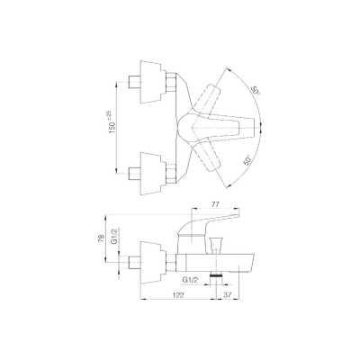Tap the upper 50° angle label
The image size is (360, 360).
(256, 90)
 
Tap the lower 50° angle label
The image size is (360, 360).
(247, 160)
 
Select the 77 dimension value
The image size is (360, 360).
(216, 204)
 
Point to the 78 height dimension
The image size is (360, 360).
(102, 238)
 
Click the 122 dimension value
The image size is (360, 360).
(178, 295)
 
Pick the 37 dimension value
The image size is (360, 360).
(228, 295)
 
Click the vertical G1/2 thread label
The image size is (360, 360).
(114, 237)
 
